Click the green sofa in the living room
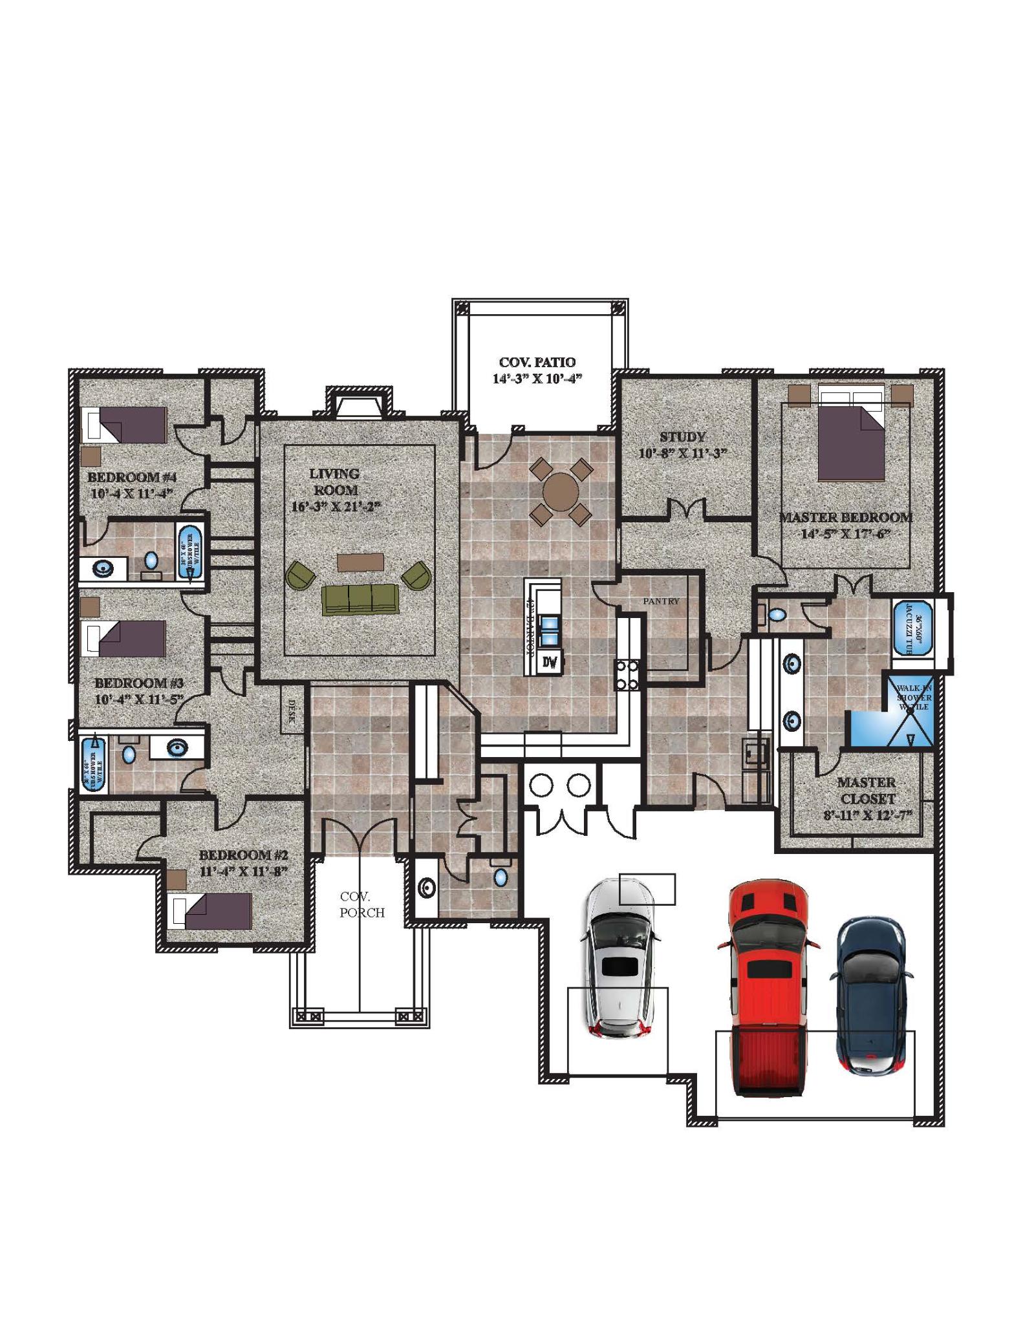360,599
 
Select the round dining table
561,491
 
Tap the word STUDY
682,437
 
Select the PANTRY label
661,601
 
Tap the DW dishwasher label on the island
550,663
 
